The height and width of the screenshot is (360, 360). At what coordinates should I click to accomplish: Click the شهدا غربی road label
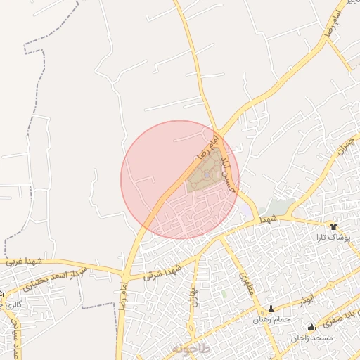[25, 262]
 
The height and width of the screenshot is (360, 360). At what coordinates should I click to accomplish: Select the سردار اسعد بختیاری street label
[51, 280]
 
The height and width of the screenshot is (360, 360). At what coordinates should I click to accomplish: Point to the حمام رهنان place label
[271, 320]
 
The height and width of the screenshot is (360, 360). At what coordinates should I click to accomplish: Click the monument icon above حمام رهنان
[271, 309]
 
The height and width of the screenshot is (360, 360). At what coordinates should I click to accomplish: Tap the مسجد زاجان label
[313, 338]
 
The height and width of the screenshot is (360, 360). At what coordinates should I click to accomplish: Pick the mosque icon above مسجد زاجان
[311, 328]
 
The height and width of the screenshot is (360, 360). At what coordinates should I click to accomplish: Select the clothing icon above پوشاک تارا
[333, 226]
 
